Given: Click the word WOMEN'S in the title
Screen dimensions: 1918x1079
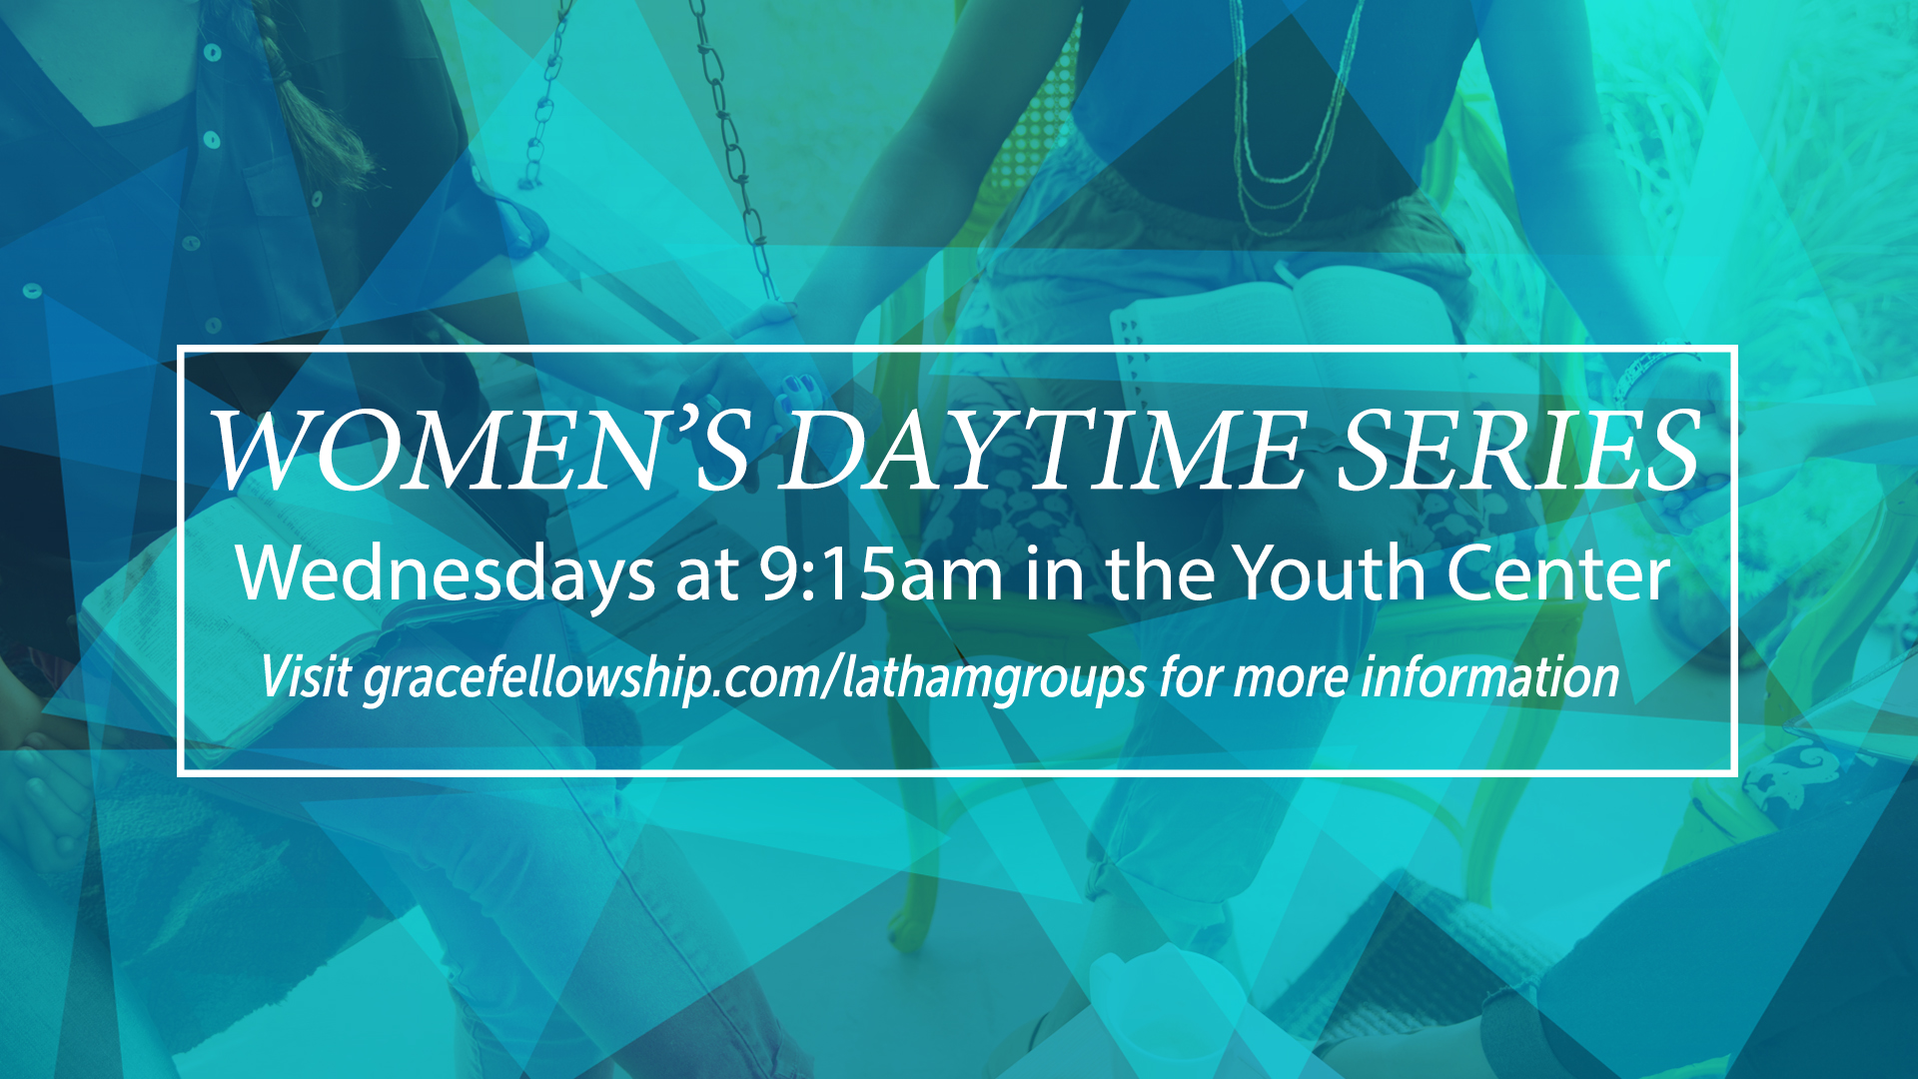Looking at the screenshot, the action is [x=480, y=451].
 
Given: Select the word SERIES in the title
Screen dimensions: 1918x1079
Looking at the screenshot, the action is [x=1517, y=451].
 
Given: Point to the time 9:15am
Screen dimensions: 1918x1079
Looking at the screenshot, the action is [x=880, y=574].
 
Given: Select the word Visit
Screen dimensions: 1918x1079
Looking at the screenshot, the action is [x=306, y=676].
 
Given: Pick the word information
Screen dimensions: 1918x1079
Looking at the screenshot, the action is [x=1489, y=676].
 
